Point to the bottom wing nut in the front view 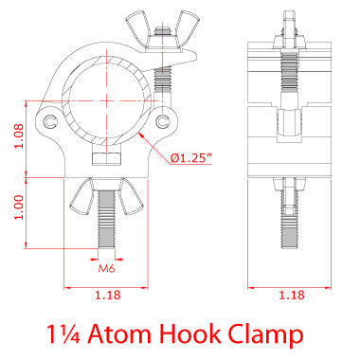tap(105, 193)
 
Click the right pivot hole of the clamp tap(169, 121)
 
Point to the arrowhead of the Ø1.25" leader tap(139, 135)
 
